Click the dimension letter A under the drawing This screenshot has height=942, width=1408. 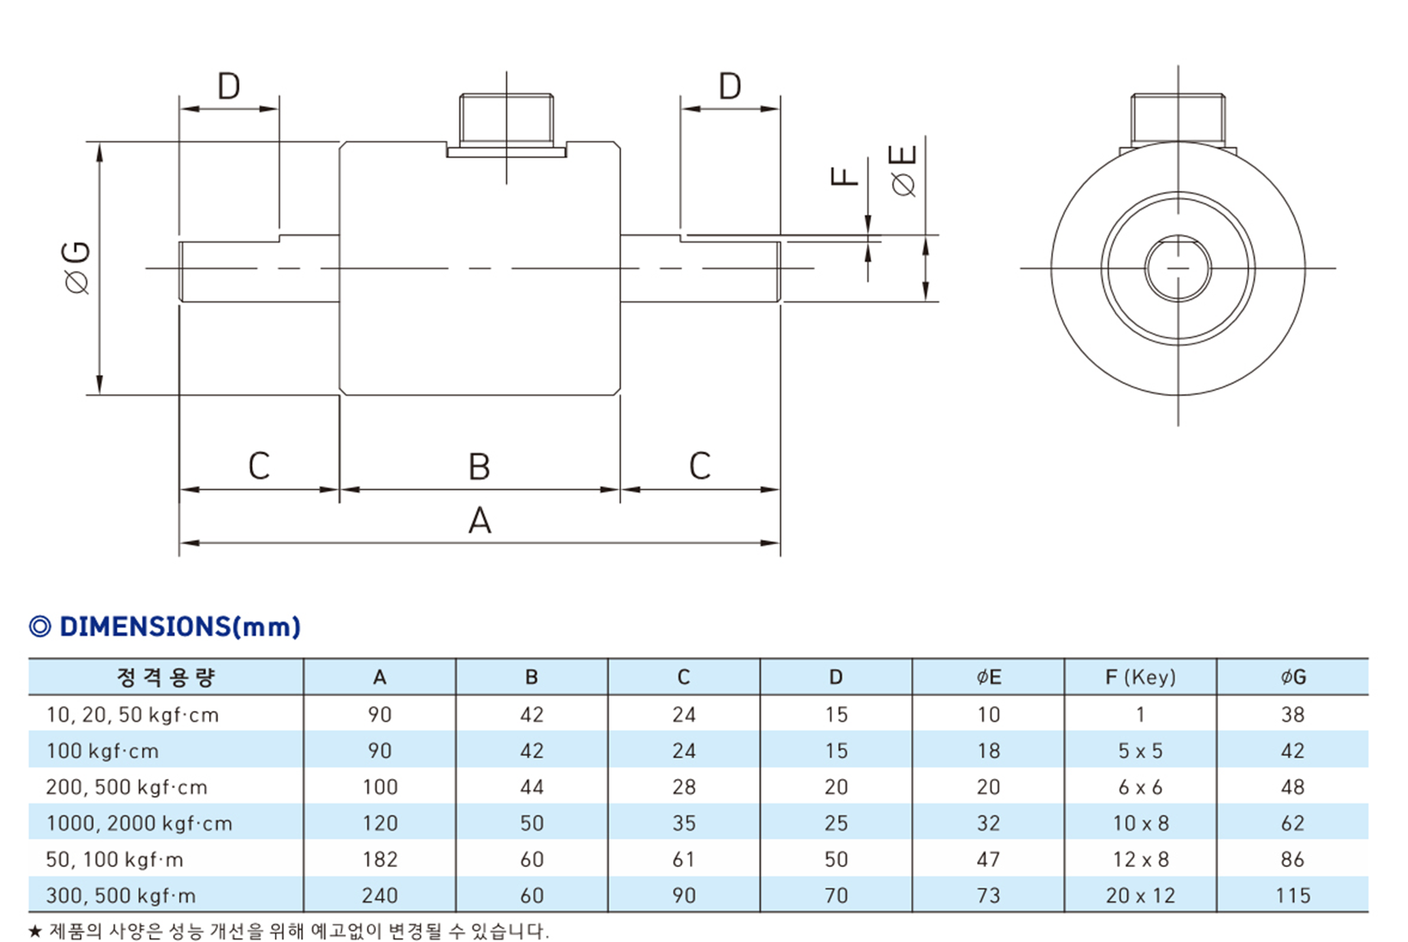pyautogui.click(x=479, y=521)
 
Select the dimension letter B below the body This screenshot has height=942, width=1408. pyautogui.click(x=479, y=467)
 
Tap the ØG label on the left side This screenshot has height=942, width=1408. pyautogui.click(x=77, y=268)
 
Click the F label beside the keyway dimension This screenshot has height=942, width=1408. pyautogui.click(x=844, y=177)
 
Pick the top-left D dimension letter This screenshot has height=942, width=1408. pyautogui.click(x=229, y=86)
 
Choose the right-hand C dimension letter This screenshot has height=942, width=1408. pyautogui.click(x=700, y=466)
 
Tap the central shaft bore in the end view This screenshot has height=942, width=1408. pyautogui.click(x=1178, y=269)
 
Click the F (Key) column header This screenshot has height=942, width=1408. pyautogui.click(x=1140, y=677)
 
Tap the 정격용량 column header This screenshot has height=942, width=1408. pyautogui.click(x=165, y=677)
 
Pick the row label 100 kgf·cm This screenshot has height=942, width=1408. pyautogui.click(x=103, y=751)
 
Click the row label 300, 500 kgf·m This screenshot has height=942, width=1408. pyautogui.click(x=121, y=895)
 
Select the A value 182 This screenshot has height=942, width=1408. pyautogui.click(x=380, y=859)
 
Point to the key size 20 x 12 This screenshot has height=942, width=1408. pyautogui.click(x=1140, y=895)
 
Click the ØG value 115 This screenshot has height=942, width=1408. pyautogui.click(x=1292, y=895)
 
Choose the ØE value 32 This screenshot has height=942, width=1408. pyautogui.click(x=988, y=823)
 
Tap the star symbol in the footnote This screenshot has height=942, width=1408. pyautogui.click(x=35, y=931)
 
